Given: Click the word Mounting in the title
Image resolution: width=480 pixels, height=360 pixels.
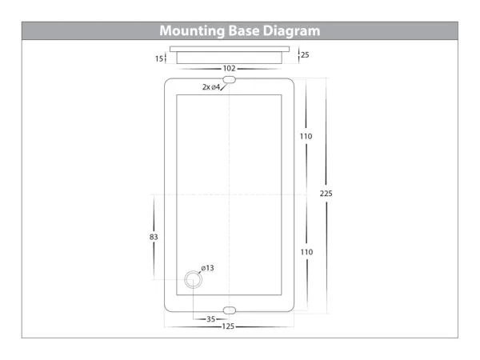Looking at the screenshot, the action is (x=192, y=31).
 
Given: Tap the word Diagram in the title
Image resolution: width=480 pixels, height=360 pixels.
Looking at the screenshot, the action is (x=291, y=31).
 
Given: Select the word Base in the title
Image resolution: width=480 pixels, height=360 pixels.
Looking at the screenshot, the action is (x=244, y=30).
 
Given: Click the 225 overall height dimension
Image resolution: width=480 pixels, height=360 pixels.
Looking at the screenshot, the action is (x=326, y=194).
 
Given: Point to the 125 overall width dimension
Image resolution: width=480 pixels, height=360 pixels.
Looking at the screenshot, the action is (x=228, y=326).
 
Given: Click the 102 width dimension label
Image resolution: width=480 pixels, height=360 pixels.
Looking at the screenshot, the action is (x=230, y=68).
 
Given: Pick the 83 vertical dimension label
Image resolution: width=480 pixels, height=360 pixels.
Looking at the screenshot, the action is (x=154, y=237).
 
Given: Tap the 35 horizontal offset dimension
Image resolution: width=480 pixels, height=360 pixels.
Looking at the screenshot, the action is (x=211, y=319).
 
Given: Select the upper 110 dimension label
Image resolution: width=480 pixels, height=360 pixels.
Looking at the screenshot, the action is (x=306, y=136).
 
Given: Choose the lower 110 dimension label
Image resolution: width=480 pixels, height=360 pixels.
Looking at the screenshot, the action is (x=306, y=252).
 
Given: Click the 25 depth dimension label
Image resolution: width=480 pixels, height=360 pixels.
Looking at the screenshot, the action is (x=305, y=54).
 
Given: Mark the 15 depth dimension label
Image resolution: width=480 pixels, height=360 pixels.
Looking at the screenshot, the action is (x=159, y=58).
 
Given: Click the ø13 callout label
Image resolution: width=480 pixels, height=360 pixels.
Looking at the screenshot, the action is (x=207, y=268).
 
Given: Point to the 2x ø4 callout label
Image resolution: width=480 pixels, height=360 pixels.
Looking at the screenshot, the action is (x=211, y=87).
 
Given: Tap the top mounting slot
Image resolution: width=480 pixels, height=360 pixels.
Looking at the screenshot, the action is (x=230, y=80).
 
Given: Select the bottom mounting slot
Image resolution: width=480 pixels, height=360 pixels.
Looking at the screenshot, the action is (x=230, y=310).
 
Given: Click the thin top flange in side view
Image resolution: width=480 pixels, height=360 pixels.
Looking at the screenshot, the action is (x=230, y=49).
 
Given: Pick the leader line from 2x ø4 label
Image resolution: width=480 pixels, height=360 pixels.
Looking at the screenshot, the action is (x=223, y=87).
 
